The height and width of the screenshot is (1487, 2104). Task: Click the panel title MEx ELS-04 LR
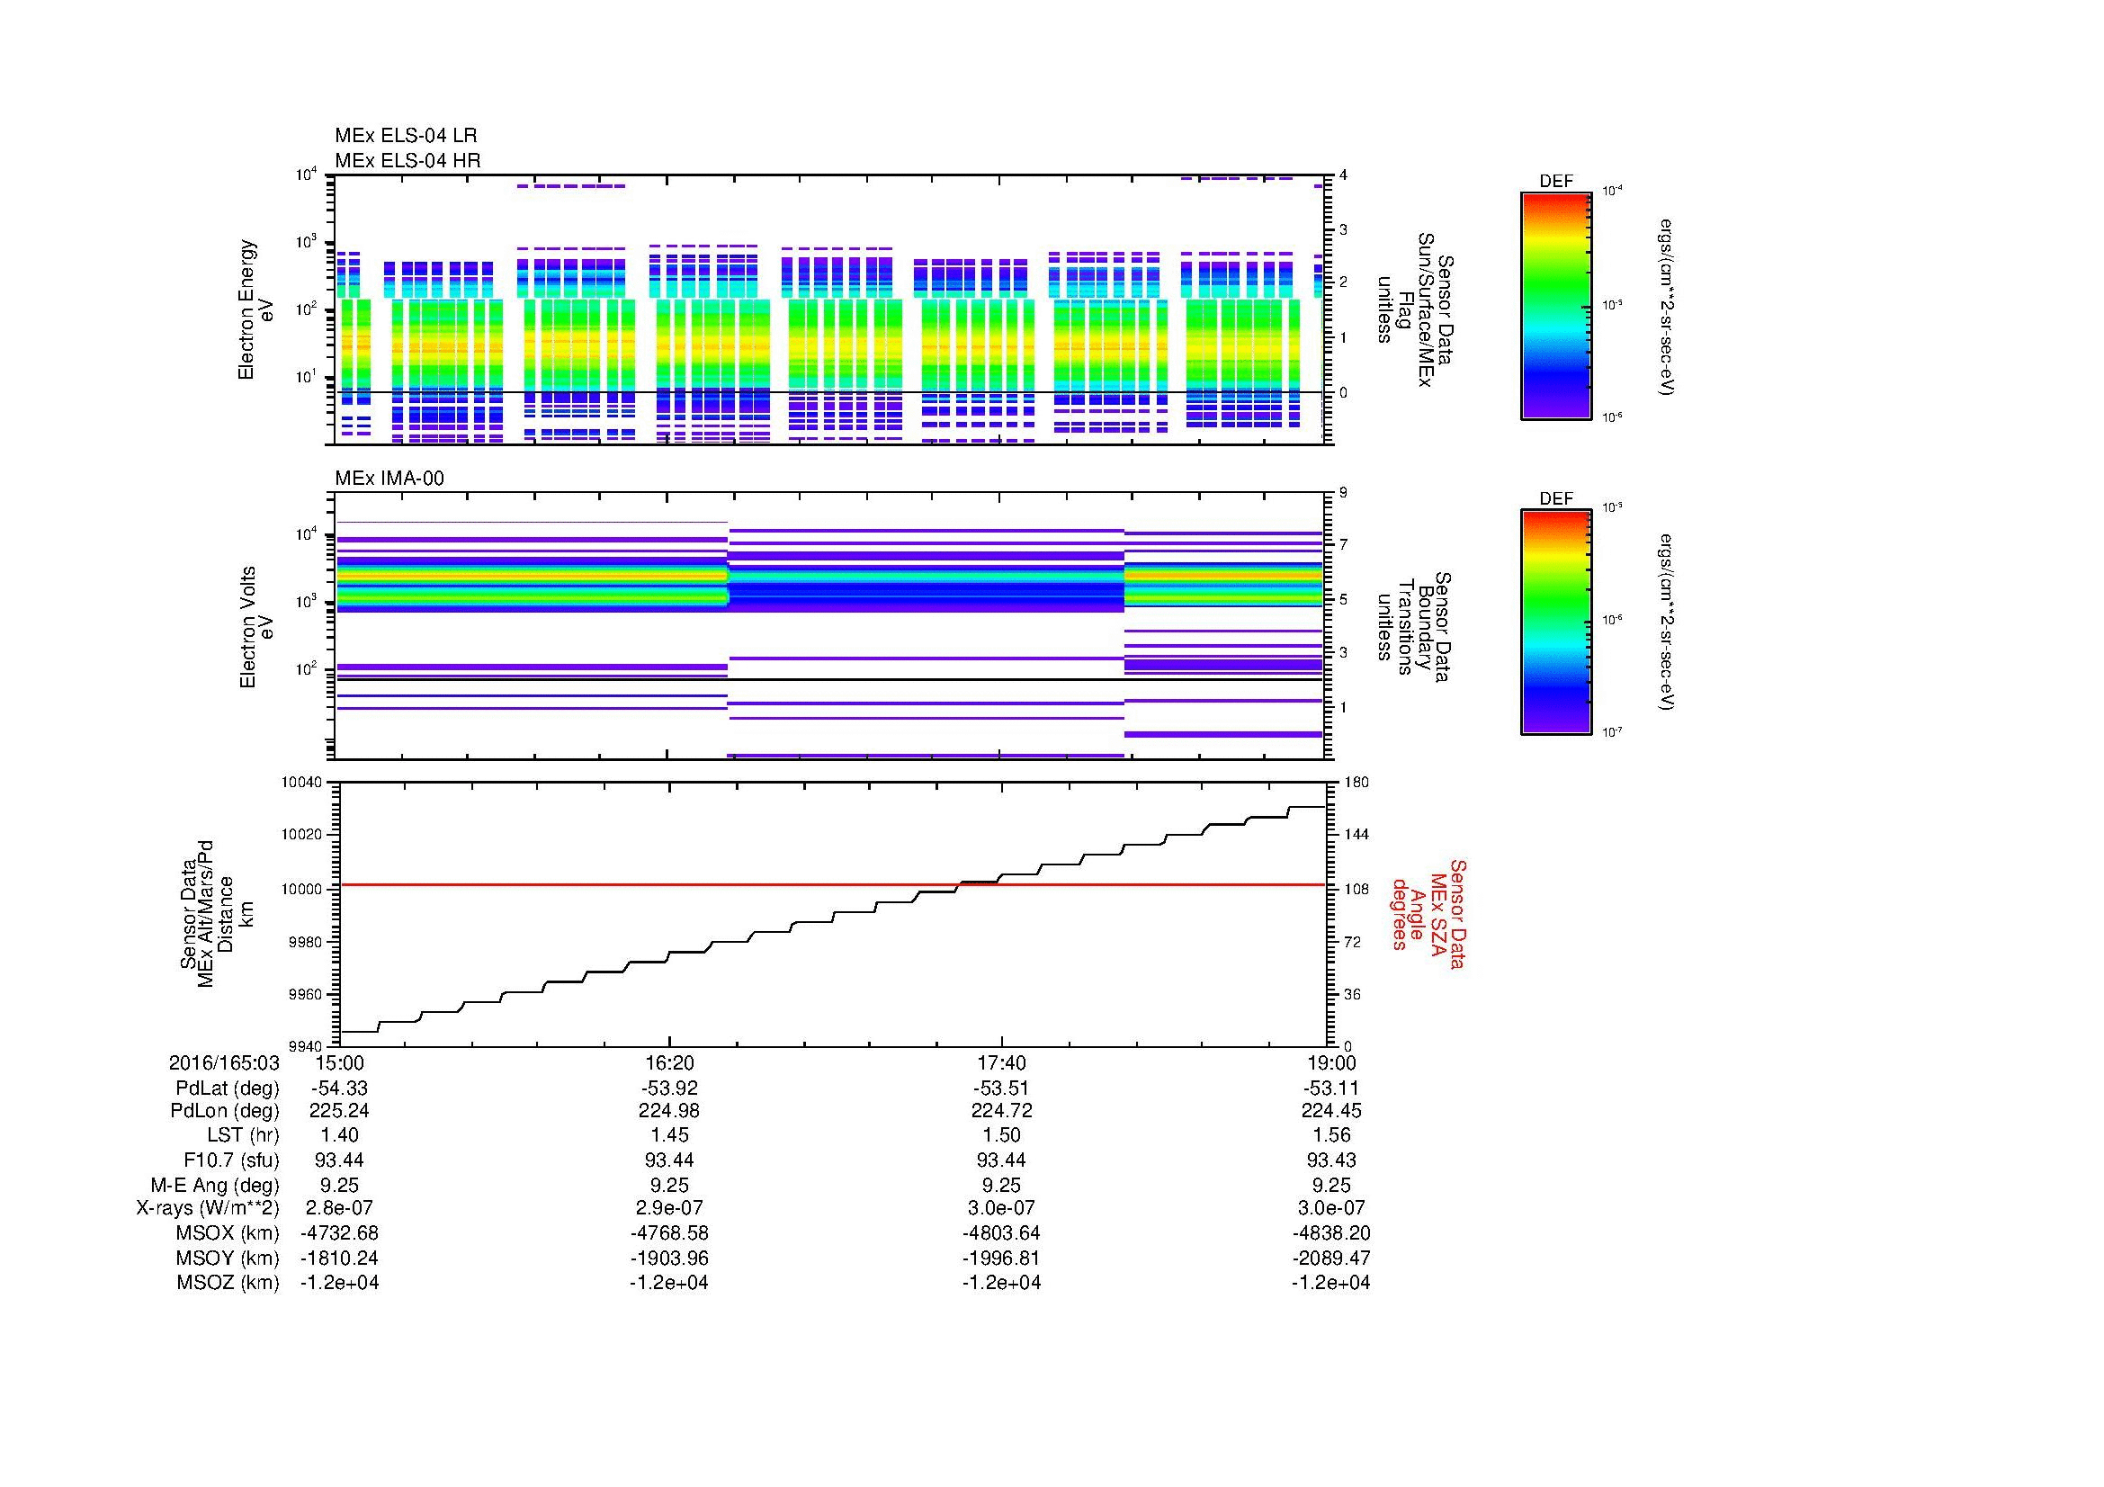pos(405,136)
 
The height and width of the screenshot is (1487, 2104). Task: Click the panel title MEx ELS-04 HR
pos(407,160)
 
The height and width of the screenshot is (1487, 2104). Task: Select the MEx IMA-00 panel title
pos(389,479)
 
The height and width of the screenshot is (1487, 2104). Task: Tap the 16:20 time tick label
pos(669,1062)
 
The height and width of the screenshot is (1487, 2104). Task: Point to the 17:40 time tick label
pos(1001,1062)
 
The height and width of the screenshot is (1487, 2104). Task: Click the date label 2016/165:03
pos(224,1062)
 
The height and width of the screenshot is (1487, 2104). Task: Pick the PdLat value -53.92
pos(669,1088)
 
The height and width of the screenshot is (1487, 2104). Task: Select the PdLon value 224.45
pos(1330,1110)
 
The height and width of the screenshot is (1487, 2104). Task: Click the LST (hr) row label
pos(243,1135)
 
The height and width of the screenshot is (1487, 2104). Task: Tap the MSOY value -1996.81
pos(1001,1258)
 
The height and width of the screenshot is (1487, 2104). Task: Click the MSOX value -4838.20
pos(1330,1233)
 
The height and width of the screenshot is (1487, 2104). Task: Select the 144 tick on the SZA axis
pos(1356,835)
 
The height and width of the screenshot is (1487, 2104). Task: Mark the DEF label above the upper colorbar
pos(1555,182)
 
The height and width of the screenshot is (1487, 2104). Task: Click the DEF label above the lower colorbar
pos(1555,498)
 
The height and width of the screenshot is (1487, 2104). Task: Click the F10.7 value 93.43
pos(1330,1160)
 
